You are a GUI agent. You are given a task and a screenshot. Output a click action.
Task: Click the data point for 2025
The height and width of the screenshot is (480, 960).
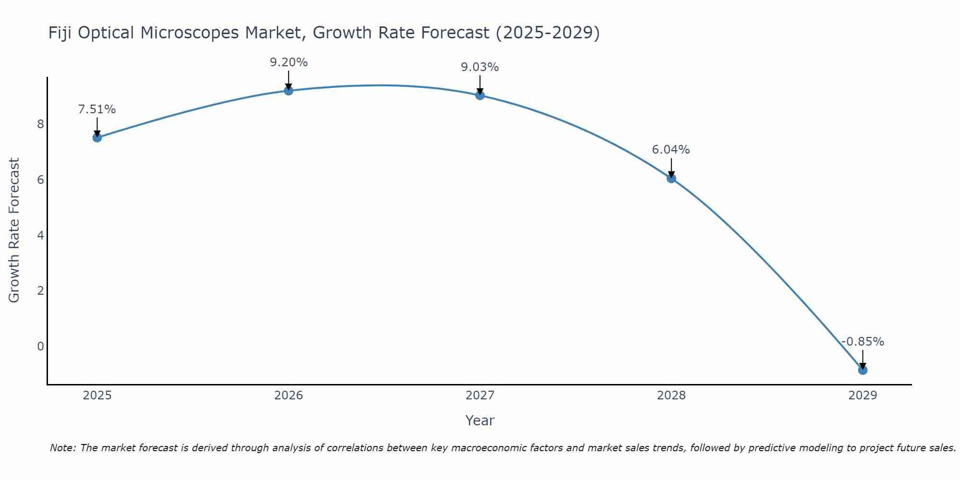coord(97,138)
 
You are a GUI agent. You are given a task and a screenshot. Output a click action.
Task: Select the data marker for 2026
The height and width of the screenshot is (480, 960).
coord(288,90)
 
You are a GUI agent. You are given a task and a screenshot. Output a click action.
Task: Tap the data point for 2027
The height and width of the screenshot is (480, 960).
coord(480,95)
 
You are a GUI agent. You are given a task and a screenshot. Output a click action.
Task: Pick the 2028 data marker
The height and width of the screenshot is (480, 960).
coord(671,178)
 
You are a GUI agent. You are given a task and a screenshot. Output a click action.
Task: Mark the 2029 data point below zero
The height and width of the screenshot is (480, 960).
coord(863,370)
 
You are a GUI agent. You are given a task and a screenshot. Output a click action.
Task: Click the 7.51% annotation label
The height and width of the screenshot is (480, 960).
coord(97,109)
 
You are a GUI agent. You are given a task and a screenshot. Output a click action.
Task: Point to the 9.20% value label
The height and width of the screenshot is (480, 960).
coord(288,62)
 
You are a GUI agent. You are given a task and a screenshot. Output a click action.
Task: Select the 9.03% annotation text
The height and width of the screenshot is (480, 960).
coord(480,67)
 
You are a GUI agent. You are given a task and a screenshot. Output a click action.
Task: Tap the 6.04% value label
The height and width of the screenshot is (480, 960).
coord(671,150)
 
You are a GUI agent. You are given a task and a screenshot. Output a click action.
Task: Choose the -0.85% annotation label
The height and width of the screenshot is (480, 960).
coord(863,342)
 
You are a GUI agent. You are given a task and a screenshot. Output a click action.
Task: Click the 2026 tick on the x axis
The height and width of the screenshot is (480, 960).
coord(288,396)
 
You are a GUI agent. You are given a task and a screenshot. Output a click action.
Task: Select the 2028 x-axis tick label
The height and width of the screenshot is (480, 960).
coord(671,396)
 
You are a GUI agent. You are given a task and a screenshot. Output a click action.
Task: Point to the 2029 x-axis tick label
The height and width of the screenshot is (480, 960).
coord(863,396)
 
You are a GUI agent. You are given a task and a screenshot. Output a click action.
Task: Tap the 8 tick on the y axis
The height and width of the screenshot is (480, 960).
coord(40,124)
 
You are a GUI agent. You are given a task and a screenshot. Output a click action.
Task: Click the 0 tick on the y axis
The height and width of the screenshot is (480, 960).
coord(40,347)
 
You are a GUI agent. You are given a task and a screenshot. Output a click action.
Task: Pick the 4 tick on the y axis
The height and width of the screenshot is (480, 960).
coord(40,236)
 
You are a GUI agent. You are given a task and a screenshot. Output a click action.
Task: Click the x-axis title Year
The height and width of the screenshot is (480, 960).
coord(480,421)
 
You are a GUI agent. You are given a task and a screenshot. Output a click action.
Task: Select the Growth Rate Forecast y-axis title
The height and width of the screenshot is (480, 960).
coord(14,230)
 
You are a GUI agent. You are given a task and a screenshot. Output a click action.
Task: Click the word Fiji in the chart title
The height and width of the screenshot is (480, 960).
coord(60,33)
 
